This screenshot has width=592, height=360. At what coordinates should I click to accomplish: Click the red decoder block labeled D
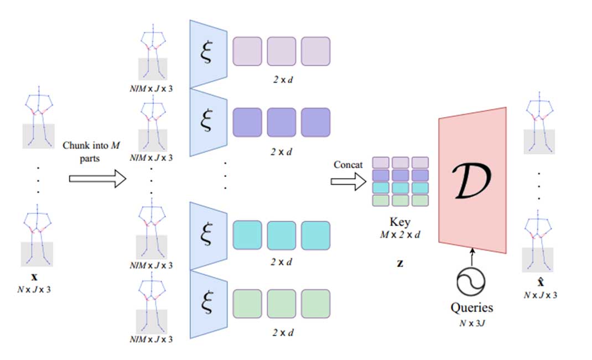(473, 180)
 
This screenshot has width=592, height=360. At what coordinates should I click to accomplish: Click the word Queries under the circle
(472, 307)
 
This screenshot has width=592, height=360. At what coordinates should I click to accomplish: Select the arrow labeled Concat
(349, 181)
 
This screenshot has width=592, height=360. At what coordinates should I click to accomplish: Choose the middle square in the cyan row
(282, 234)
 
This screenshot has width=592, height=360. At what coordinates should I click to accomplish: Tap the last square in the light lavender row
(316, 51)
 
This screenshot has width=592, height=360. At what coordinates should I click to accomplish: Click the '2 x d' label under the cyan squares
(282, 262)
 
